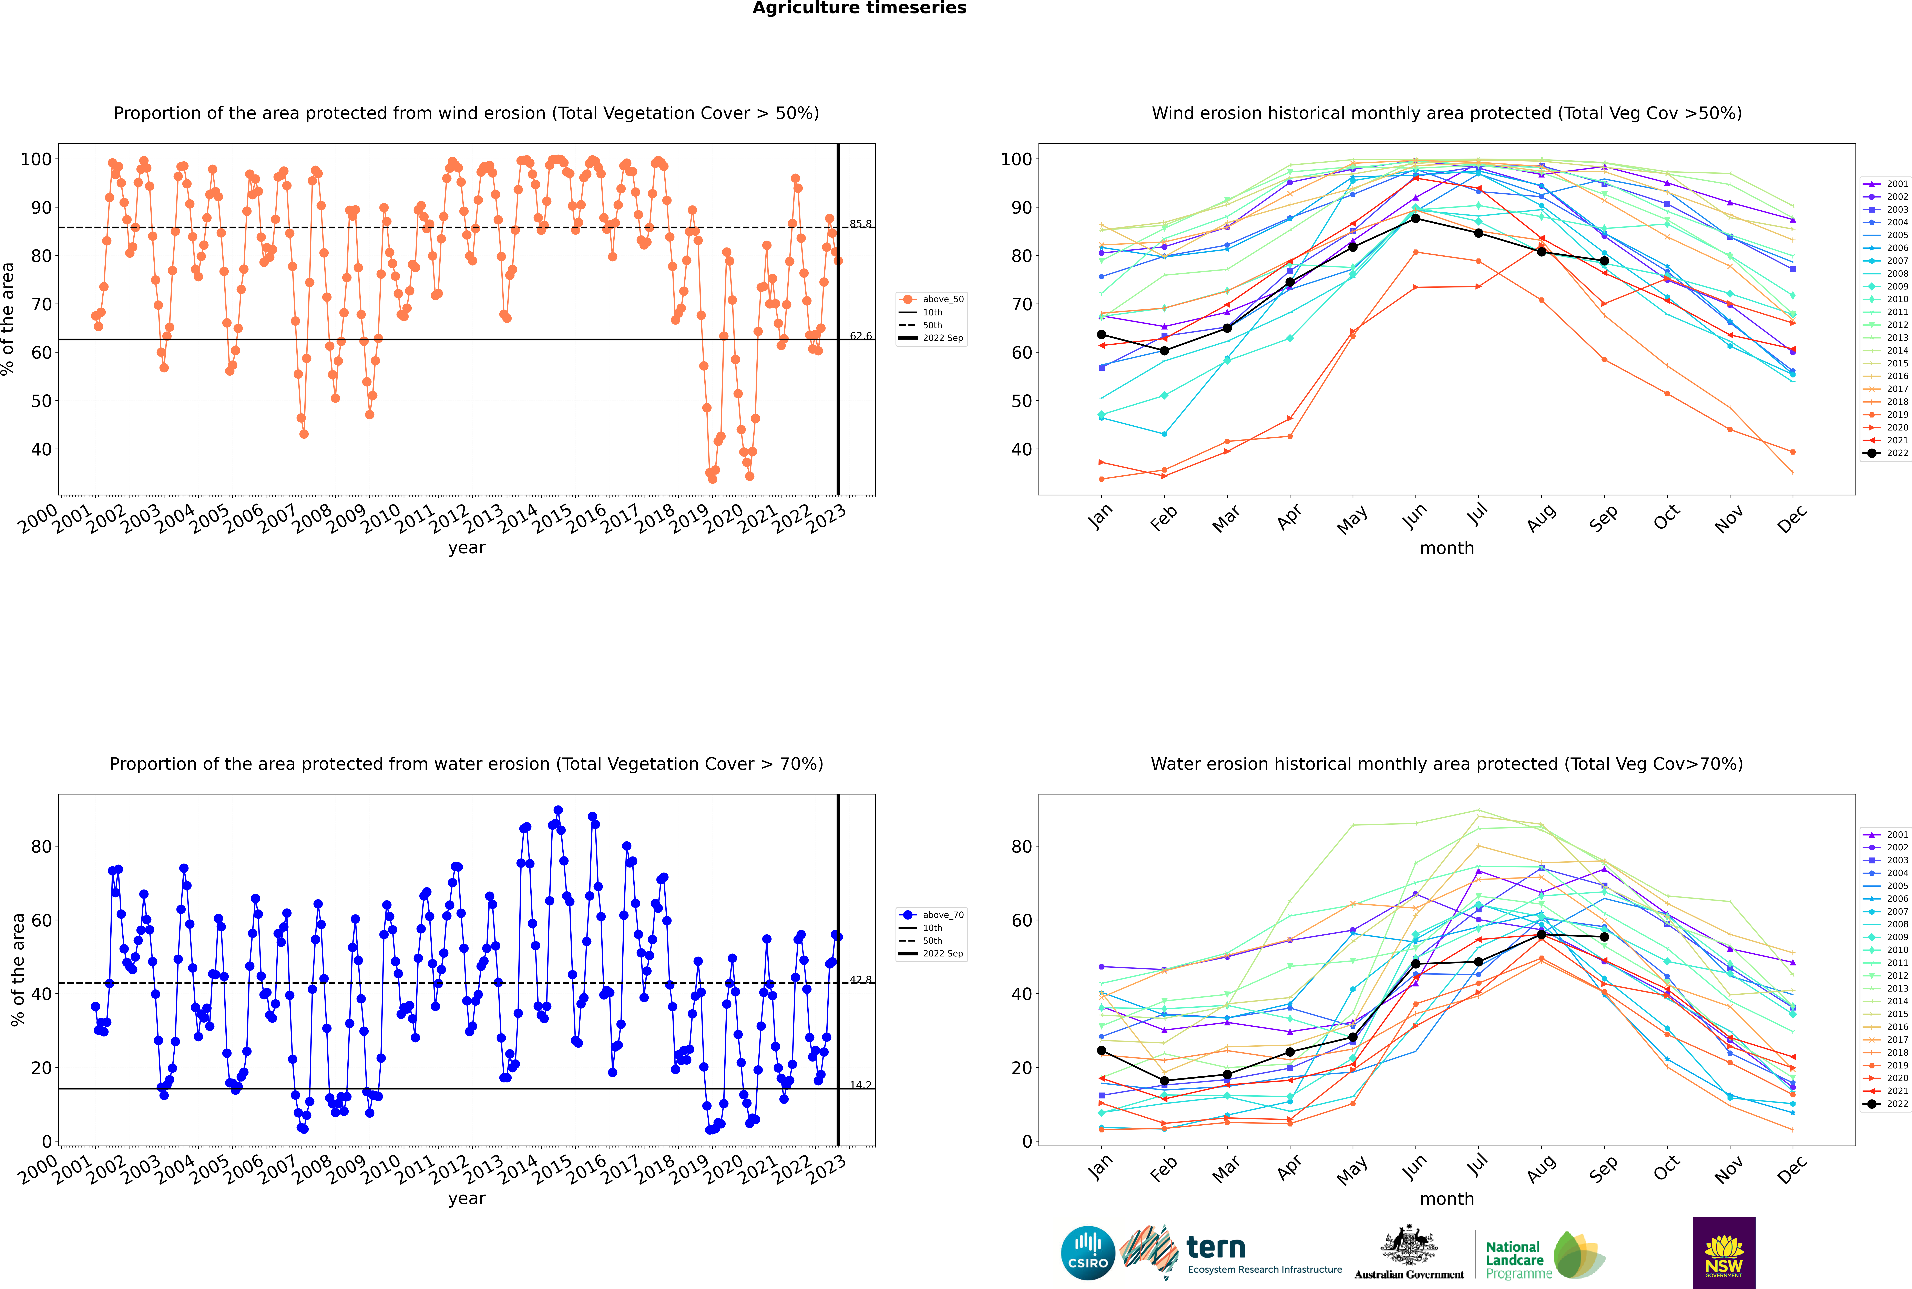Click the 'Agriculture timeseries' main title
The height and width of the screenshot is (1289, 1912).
tap(859, 8)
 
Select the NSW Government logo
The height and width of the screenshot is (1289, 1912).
tap(1724, 1253)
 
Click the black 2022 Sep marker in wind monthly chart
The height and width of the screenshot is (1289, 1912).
tap(1604, 261)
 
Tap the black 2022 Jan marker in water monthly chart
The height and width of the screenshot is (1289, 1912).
tap(1102, 1051)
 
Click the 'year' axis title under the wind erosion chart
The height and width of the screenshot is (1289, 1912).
tap(467, 548)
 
